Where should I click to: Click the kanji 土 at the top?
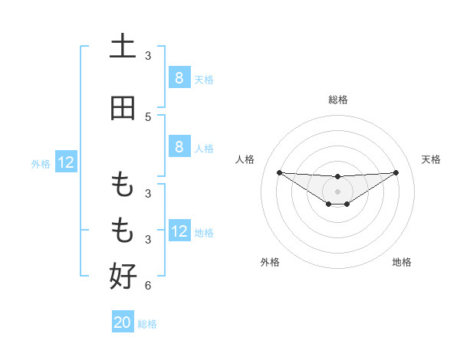pyautogui.click(x=123, y=47)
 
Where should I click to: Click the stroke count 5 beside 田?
pyautogui.click(x=148, y=116)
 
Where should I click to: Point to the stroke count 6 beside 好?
pyautogui.click(x=148, y=286)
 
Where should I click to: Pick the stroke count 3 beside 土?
pyautogui.click(x=148, y=55)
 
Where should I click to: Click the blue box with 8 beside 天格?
pyautogui.click(x=179, y=77)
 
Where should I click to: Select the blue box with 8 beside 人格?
pyautogui.click(x=179, y=147)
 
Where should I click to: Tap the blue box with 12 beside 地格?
pyautogui.click(x=179, y=231)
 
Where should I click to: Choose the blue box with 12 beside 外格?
pyautogui.click(x=66, y=162)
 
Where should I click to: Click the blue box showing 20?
pyautogui.click(x=123, y=322)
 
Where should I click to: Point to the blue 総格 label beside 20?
pyautogui.click(x=147, y=324)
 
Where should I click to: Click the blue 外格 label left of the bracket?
pyautogui.click(x=41, y=163)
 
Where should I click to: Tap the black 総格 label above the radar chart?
pyautogui.click(x=337, y=100)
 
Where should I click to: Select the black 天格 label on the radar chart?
pyautogui.click(x=431, y=159)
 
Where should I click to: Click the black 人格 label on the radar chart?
pyautogui.click(x=245, y=159)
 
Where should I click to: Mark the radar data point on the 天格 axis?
pyautogui.click(x=396, y=172)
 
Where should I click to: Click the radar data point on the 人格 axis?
pyautogui.click(x=279, y=172)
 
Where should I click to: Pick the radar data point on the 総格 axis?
pyautogui.click(x=337, y=177)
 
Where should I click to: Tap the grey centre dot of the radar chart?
pyautogui.click(x=337, y=191)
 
